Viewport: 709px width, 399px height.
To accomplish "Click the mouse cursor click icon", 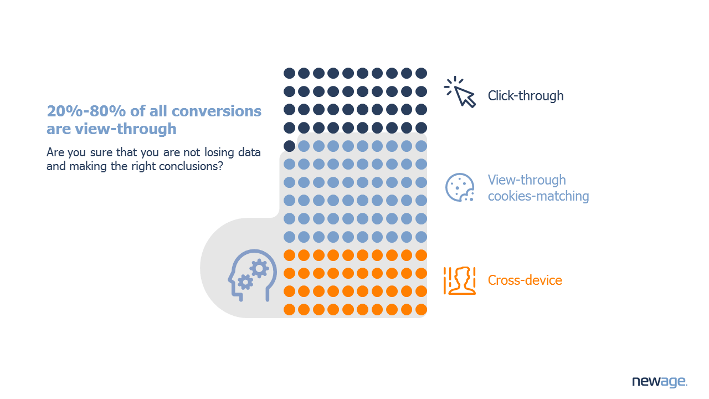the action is tap(460, 92).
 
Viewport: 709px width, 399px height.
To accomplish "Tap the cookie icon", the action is tap(460, 187).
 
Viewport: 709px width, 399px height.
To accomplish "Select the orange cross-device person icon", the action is tap(460, 280).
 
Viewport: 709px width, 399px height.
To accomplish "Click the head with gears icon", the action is tap(252, 275).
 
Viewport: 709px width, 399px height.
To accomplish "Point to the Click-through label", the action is tap(526, 96).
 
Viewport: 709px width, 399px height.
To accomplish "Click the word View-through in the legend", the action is tap(527, 180).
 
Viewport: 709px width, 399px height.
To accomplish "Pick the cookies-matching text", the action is tap(538, 196).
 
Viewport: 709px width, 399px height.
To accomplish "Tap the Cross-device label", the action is tap(525, 280).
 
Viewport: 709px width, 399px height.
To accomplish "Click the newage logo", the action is tap(660, 381).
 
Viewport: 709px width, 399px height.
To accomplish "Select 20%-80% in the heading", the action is tap(86, 111).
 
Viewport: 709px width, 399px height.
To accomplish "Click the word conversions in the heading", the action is tap(217, 111).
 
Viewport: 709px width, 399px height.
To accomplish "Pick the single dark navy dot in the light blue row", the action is tap(289, 146).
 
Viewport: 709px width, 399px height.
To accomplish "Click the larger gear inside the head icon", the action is tap(259, 269).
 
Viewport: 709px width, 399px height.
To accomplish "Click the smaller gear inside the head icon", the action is tap(245, 282).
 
